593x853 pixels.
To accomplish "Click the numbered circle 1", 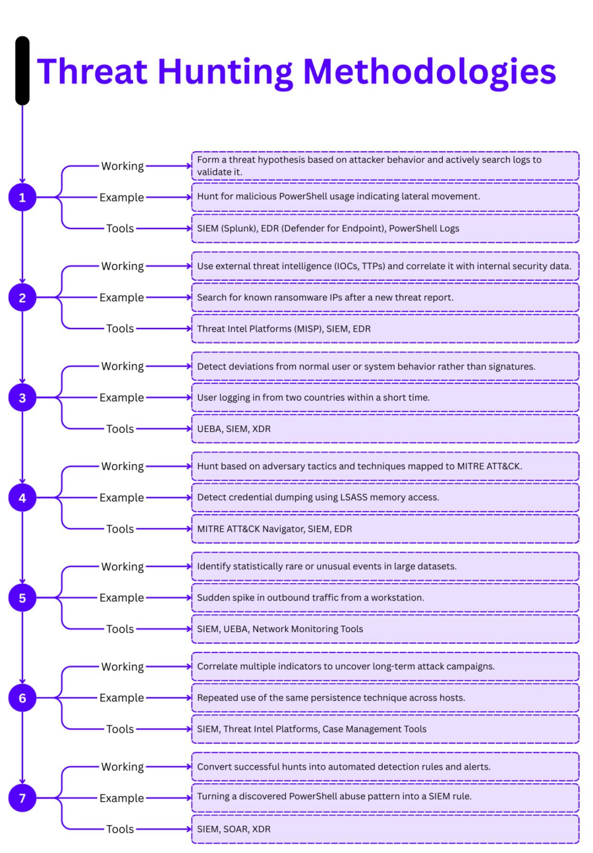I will pos(22,197).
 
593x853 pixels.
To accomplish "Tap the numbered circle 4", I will pos(22,497).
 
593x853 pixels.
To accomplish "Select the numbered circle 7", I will pos(22,798).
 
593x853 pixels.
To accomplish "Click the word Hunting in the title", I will pos(226,71).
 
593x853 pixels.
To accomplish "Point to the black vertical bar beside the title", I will pos(22,70).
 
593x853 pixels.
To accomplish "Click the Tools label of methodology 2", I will pos(120,328).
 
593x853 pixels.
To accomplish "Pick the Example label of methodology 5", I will pos(122,598).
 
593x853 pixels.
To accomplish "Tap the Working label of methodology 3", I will pos(123,366).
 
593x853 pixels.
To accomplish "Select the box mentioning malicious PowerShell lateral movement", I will pos(385,197).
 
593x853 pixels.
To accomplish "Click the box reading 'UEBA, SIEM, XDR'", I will pos(385,429).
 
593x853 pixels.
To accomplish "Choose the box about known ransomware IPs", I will pos(385,297).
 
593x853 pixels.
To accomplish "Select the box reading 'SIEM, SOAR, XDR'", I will pos(385,829).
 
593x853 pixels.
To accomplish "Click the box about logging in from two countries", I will pos(385,398).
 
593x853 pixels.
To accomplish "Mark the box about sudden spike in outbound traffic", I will pos(385,598).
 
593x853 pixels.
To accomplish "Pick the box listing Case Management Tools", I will pos(385,729).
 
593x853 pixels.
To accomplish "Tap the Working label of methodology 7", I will pos(123,766).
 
